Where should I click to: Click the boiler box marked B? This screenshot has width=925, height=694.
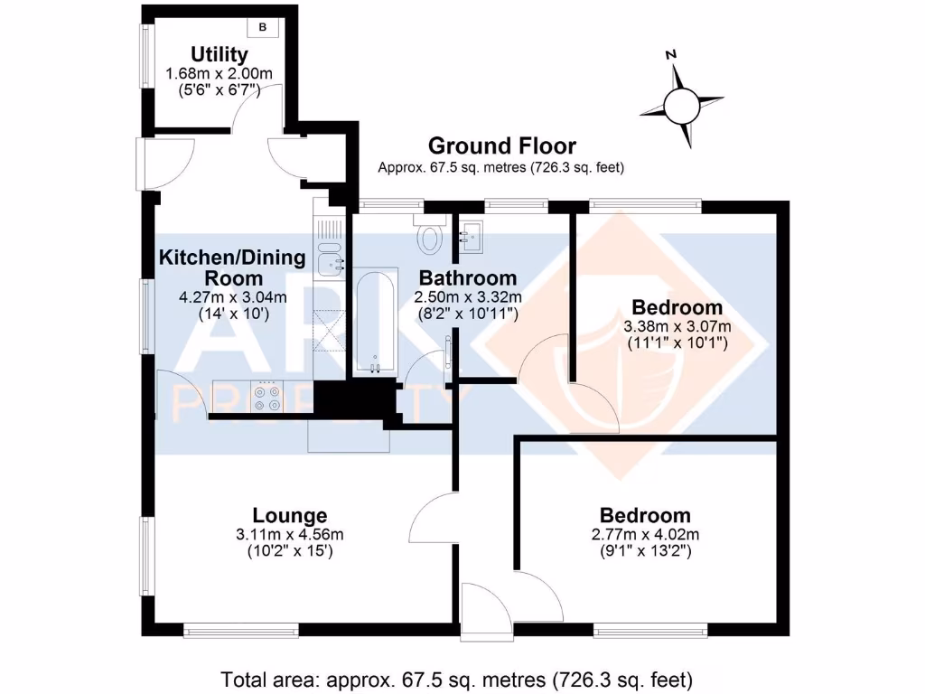click(264, 27)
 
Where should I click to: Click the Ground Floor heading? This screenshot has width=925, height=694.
click(501, 145)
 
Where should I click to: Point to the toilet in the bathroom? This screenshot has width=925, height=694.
click(430, 237)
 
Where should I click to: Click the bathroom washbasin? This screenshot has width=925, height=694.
click(472, 239)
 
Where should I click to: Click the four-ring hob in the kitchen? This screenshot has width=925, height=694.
click(266, 399)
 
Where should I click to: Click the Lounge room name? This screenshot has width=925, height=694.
click(289, 516)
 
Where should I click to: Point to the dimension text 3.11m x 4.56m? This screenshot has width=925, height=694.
click(289, 534)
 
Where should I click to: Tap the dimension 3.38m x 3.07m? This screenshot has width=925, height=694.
click(677, 326)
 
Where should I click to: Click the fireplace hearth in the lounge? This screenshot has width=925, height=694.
click(349, 438)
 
